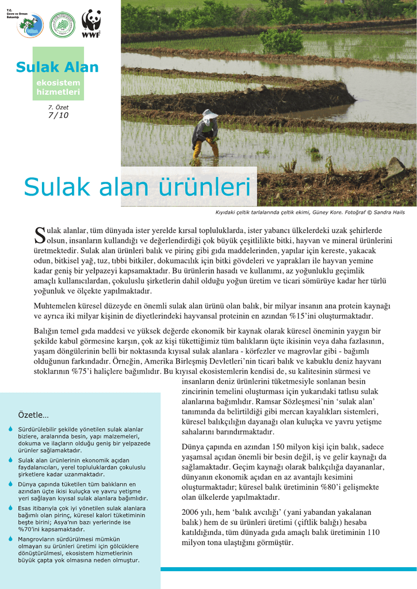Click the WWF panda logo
[91, 23]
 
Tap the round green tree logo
[62, 25]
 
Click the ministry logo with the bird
[30, 26]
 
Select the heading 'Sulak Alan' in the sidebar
[57, 67]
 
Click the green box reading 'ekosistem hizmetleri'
[58, 87]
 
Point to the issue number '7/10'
[58, 115]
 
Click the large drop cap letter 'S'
[40, 235]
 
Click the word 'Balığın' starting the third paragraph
[46, 331]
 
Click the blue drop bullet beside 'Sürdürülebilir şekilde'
[11, 430]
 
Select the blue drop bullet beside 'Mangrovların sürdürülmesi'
[11, 539]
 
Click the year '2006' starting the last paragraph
[191, 512]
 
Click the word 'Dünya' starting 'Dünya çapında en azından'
[193, 447]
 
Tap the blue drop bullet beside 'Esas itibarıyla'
[11, 508]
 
